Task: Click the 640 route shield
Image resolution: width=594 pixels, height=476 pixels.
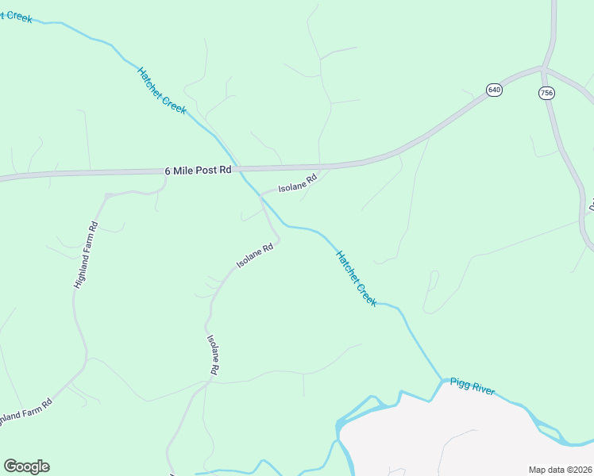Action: point(495,90)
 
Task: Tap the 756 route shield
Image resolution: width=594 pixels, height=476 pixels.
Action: point(546,93)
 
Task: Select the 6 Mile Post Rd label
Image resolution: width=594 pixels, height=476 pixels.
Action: point(198,170)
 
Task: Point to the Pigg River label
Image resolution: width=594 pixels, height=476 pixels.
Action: point(472,386)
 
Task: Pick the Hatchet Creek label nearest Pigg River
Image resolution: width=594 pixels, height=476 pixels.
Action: point(356,278)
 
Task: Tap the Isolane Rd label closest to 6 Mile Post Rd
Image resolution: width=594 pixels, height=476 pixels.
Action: point(297,183)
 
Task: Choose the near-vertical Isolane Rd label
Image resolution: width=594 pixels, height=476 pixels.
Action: point(213,354)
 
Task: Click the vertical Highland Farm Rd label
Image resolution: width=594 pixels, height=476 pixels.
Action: point(85,254)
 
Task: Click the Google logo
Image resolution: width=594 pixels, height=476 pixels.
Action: point(26,466)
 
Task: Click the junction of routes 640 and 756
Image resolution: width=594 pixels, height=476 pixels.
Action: point(545,69)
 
